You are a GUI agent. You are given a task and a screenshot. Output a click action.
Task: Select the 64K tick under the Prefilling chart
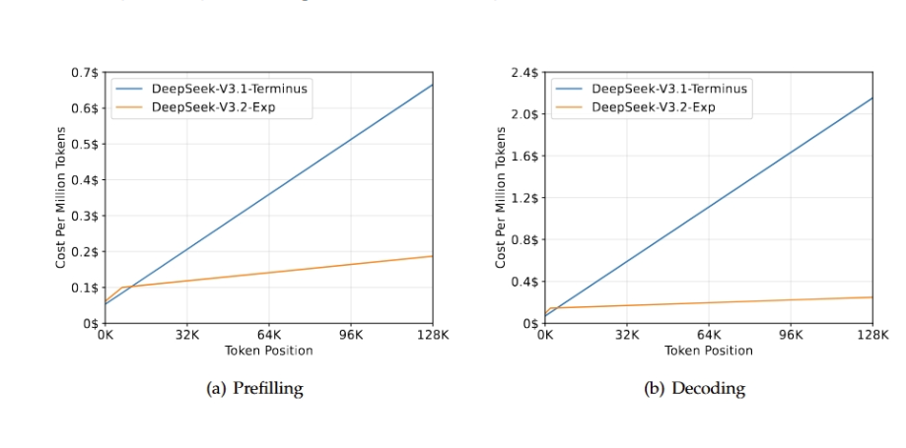pos(269,336)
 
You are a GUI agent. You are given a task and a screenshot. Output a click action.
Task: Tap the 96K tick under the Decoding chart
pos(791,336)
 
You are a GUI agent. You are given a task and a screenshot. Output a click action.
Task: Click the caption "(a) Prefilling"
pos(254,388)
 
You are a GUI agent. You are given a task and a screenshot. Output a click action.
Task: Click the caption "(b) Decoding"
pos(695,388)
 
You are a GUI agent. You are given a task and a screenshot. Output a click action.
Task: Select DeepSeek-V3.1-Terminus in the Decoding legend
pos(669,89)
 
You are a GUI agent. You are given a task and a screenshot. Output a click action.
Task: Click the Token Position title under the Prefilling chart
pos(269,351)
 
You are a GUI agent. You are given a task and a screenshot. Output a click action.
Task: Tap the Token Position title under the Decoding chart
pos(709,351)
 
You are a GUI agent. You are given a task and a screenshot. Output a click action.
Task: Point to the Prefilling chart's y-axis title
pos(61,197)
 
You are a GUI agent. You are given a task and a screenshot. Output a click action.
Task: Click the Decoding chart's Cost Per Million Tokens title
pos(501,197)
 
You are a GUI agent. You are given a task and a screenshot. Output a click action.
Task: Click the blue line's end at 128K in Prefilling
pos(433,85)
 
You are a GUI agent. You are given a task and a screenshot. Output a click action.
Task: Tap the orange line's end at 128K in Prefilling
pos(433,256)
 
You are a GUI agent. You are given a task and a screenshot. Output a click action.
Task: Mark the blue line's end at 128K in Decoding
pos(872,97)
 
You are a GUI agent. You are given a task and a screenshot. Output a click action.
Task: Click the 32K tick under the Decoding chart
pos(627,336)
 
